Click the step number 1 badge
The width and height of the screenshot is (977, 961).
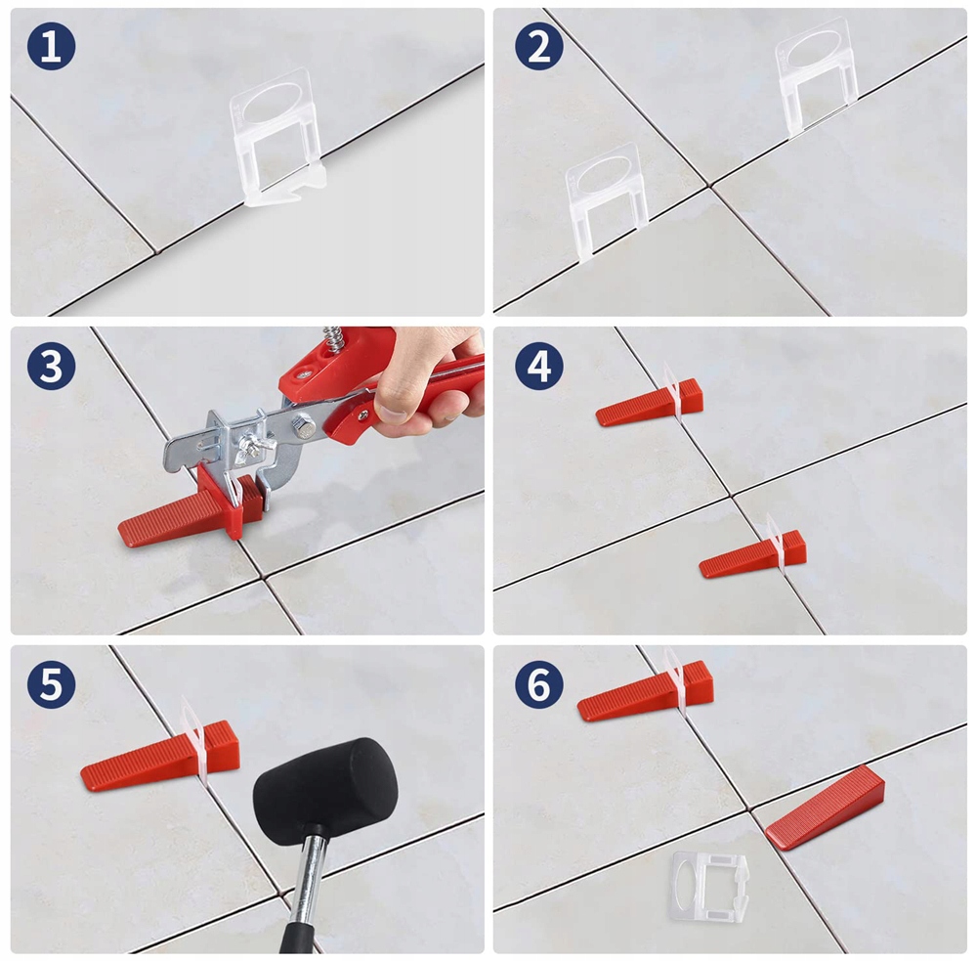click(51, 46)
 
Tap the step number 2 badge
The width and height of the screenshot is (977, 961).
click(539, 46)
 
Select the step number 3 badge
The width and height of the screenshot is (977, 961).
click(51, 366)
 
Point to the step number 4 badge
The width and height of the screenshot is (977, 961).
click(539, 366)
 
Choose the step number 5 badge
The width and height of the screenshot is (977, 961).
click(51, 684)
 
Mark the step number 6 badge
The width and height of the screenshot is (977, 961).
click(539, 684)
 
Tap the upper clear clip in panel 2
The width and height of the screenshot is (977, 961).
click(816, 75)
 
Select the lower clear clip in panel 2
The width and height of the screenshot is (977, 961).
click(607, 199)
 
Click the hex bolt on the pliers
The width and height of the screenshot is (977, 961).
click(303, 428)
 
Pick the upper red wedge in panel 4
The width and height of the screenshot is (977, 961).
click(650, 403)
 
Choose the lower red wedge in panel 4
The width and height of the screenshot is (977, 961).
click(752, 554)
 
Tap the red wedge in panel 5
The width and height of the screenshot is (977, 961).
click(160, 757)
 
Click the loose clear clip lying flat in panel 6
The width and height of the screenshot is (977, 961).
click(709, 888)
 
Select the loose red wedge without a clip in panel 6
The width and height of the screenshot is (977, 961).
click(826, 808)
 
